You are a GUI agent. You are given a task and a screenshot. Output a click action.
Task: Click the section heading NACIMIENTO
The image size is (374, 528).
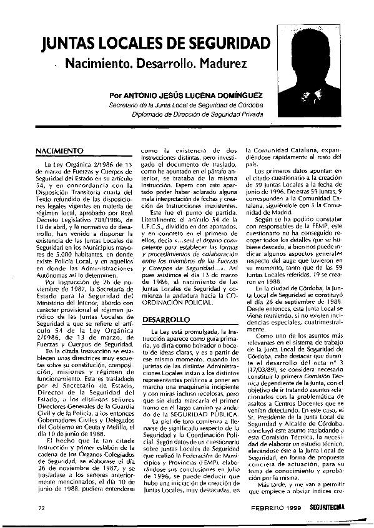[60, 152]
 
